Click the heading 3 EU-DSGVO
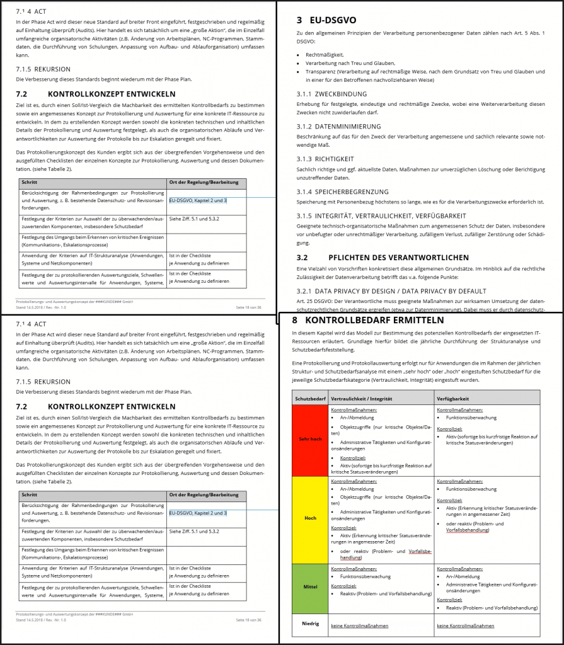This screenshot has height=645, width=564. pyautogui.click(x=335, y=20)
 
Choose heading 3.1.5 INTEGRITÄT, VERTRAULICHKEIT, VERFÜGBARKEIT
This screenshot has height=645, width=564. pyautogui.click(x=381, y=216)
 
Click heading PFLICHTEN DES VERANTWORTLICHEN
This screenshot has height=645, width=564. pyautogui.click(x=398, y=258)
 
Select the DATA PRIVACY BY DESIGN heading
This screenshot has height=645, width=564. pyautogui.click(x=391, y=291)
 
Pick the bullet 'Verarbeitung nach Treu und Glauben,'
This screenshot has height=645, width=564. pyautogui.click(x=350, y=64)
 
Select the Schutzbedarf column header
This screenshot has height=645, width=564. pyautogui.click(x=310, y=399)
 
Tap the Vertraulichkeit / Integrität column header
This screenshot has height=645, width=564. pyautogui.click(x=362, y=399)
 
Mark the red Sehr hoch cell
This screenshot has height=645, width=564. pyautogui.click(x=310, y=440)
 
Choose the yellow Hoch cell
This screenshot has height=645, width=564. pyautogui.click(x=310, y=518)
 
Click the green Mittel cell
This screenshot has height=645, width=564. pyautogui.click(x=310, y=587)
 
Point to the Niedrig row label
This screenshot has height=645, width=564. pyautogui.click(x=310, y=624)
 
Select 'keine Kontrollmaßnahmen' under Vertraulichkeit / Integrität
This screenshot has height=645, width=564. pyautogui.click(x=360, y=625)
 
